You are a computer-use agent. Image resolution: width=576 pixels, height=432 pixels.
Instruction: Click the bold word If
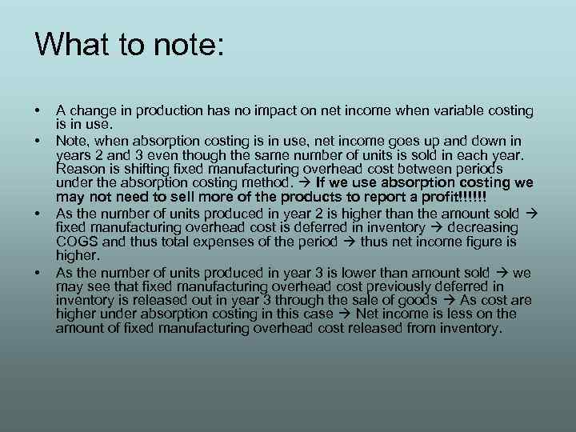coord(322,183)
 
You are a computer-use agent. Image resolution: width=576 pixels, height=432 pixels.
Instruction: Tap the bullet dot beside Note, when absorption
coord(38,140)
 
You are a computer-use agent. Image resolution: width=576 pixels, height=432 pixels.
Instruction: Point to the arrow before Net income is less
coord(346,314)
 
